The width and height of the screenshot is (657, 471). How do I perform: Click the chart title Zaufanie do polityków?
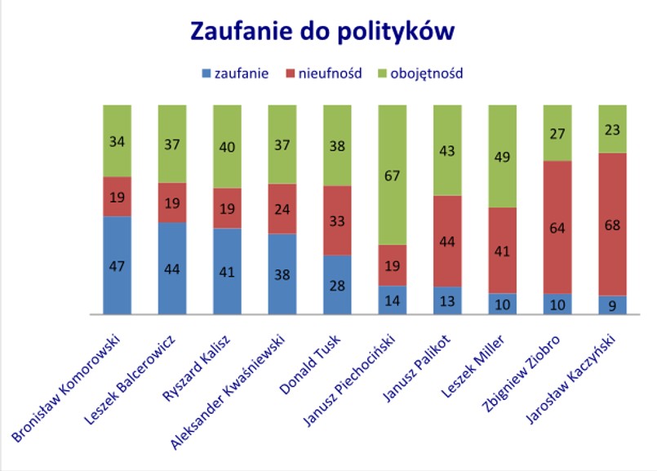(x=322, y=32)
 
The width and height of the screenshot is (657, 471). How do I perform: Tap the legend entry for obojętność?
(x=425, y=73)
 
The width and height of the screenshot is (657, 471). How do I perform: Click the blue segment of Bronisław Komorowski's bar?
(x=117, y=265)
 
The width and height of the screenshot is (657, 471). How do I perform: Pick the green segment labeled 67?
(x=392, y=175)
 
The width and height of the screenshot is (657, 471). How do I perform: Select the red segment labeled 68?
(x=612, y=224)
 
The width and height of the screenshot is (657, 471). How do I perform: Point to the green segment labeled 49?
(x=502, y=156)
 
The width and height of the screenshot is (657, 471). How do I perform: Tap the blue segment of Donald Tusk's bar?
(x=337, y=285)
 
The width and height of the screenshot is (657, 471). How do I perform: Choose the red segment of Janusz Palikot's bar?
(x=447, y=241)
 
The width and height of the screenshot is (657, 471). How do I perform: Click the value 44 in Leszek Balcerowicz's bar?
(x=171, y=269)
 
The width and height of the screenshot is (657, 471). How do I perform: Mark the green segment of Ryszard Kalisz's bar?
(x=227, y=146)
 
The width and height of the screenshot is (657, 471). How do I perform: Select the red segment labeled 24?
(x=282, y=208)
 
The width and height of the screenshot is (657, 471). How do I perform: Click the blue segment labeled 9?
(x=612, y=305)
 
